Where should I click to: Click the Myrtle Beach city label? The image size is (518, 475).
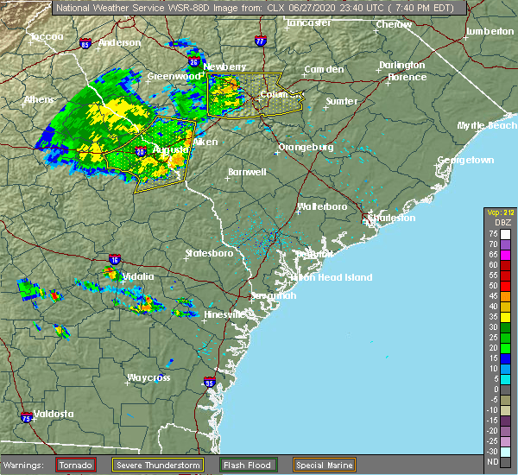(x=488, y=125)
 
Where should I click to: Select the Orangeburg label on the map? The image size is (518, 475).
(x=305, y=147)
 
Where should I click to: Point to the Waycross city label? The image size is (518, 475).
(x=148, y=377)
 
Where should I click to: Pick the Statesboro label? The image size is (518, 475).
(x=209, y=253)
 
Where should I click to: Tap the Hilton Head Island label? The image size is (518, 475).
(x=333, y=277)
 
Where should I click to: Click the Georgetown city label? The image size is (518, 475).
(x=465, y=161)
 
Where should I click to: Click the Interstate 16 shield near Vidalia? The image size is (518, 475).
(x=115, y=259)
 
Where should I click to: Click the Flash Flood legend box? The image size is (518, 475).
(x=249, y=465)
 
